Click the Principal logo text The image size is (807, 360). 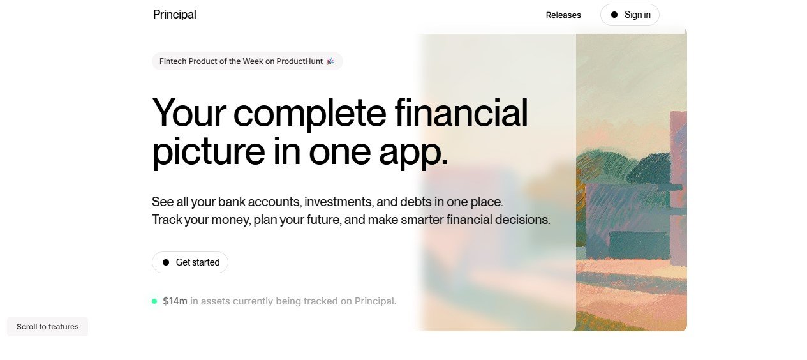click(175, 15)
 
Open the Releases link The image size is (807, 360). click(563, 15)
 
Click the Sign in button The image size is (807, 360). click(630, 15)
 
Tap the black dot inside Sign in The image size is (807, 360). click(614, 15)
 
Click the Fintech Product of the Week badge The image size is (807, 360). click(247, 61)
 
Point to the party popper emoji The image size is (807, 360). click(330, 61)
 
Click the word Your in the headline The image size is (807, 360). click(189, 113)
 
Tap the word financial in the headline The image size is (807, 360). click(461, 112)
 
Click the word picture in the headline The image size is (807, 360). click(209, 151)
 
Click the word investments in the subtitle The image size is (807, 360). click(339, 202)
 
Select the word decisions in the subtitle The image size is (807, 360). click(522, 220)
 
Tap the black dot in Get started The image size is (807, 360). click(166, 262)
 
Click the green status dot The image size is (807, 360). click(154, 301)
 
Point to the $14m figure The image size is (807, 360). click(175, 301)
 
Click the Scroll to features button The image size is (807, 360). click(48, 326)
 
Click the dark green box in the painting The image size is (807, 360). click(639, 245)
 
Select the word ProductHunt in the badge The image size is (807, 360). click(299, 61)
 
